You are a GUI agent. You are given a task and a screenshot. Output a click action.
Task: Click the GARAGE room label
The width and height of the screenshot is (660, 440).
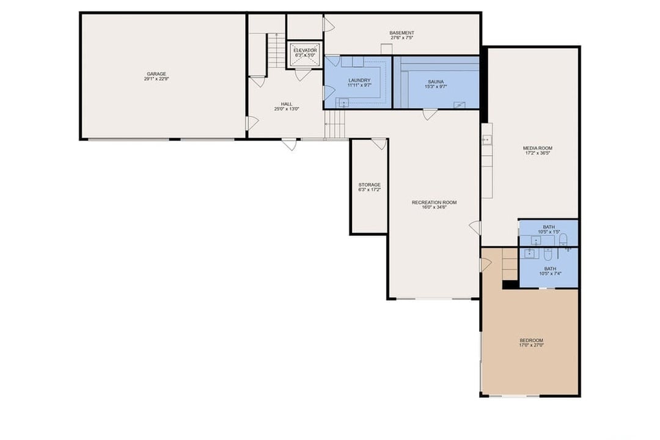tap(156, 74)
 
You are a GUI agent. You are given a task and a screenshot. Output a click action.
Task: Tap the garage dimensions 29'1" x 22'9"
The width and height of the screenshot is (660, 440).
tap(156, 79)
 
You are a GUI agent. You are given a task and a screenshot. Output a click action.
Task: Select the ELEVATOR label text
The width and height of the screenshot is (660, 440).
tap(305, 50)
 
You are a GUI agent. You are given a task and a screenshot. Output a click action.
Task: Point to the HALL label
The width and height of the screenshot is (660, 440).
tap(287, 104)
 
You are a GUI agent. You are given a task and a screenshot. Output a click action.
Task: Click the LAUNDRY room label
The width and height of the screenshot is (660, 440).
tap(359, 80)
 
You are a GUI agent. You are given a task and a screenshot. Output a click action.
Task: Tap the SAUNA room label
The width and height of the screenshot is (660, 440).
tap(436, 81)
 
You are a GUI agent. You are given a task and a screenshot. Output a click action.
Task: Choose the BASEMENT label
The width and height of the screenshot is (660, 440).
tap(402, 33)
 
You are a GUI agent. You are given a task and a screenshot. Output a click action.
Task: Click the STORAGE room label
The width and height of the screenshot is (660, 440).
tap(369, 185)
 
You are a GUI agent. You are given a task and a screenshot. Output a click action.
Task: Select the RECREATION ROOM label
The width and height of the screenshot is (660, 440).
tap(434, 202)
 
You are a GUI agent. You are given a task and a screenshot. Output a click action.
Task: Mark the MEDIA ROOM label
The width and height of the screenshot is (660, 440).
tap(538, 148)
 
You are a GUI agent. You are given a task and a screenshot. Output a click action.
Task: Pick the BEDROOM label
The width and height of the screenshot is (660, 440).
tap(531, 340)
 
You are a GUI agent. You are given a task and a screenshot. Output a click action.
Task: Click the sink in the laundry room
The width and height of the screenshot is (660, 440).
tap(343, 103)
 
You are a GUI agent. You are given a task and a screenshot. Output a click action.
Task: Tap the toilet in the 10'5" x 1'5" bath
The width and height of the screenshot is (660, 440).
tap(563, 239)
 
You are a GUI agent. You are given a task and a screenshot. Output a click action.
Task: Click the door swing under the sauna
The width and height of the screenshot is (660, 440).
tap(430, 114)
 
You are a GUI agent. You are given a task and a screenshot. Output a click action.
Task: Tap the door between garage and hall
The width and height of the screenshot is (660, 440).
tap(251, 123)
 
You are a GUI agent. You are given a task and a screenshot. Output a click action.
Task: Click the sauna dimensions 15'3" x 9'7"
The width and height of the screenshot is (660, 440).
tap(436, 87)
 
